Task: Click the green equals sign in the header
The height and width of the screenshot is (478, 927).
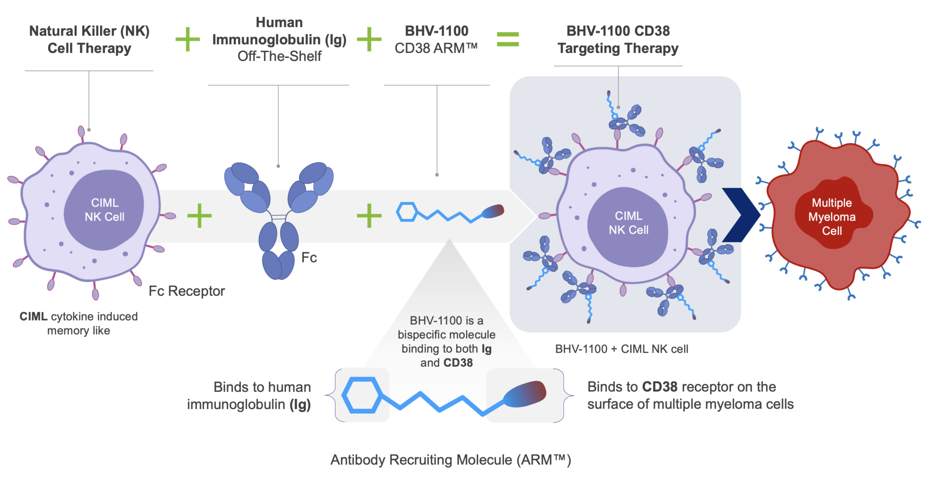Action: tap(507, 39)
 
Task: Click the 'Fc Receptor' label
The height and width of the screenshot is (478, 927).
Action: tap(186, 291)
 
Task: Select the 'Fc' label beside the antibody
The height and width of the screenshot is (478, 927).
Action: tap(309, 257)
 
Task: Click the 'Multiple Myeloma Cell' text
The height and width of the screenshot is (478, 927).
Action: tap(831, 217)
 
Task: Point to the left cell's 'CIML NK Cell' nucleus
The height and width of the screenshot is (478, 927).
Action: tap(105, 210)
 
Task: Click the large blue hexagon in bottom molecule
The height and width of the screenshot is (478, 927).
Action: tap(362, 395)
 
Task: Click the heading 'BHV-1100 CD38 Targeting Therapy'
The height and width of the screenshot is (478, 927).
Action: tap(618, 39)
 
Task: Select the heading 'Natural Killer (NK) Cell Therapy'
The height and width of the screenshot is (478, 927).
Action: tap(89, 39)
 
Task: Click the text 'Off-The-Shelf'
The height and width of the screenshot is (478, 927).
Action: tap(279, 56)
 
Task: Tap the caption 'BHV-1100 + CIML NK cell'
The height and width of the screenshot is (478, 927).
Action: tap(621, 349)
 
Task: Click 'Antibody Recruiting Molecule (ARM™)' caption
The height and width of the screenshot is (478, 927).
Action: tap(450, 459)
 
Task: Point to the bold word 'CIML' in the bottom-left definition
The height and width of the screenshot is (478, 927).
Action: tap(33, 316)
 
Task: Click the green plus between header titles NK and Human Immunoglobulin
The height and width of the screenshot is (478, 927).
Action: tap(187, 39)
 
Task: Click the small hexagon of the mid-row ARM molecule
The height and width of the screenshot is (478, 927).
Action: tap(406, 212)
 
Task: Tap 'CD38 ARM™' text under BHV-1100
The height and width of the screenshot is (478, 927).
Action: tap(436, 48)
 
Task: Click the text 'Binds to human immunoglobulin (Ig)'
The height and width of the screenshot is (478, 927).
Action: tap(249, 395)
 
